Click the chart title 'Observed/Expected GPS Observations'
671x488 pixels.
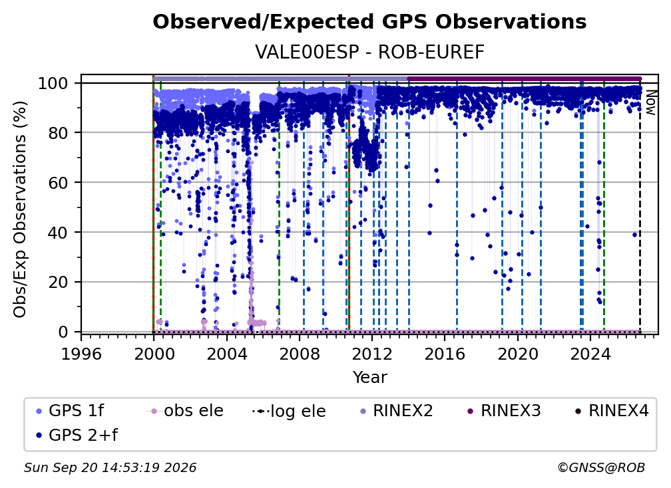pos(369,22)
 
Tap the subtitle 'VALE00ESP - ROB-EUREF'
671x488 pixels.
pos(369,53)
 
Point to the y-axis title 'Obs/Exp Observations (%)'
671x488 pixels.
pos(20,209)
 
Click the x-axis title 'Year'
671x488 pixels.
pos(369,378)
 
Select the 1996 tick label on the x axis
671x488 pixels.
pos(81,354)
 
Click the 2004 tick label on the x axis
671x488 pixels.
pos(227,354)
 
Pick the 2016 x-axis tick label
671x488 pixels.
pos(445,354)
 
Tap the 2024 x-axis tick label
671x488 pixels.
pos(590,354)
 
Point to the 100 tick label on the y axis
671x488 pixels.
pos(53,83)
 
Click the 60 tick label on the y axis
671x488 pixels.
pos(58,183)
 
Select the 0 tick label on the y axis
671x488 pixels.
pos(63,332)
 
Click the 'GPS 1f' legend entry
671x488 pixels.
pos(70,411)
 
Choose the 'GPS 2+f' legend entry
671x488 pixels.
pos(76,435)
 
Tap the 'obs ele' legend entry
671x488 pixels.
pos(184,411)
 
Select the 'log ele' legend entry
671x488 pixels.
pos(289,412)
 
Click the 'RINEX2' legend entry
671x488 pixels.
pos(397,411)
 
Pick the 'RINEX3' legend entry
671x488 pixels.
pos(504,411)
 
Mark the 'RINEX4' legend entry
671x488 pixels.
pos(612,411)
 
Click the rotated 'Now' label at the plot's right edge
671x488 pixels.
pos(650,102)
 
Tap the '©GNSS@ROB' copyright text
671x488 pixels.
pos(601,468)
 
